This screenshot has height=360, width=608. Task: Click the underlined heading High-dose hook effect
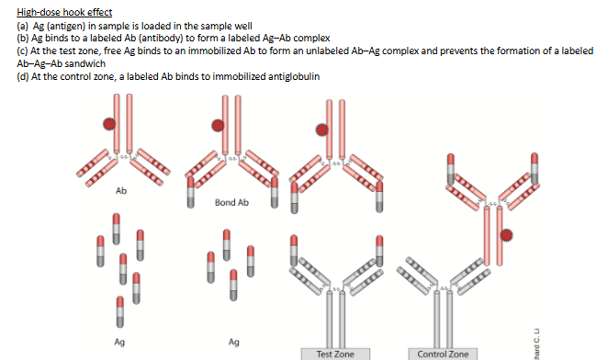click(x=64, y=13)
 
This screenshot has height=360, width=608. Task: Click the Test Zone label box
click(x=335, y=354)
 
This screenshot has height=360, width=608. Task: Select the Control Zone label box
click(x=443, y=354)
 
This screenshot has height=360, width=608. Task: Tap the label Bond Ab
click(x=231, y=202)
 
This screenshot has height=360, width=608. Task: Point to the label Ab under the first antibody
click(x=121, y=191)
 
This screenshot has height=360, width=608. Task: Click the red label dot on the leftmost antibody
click(x=109, y=124)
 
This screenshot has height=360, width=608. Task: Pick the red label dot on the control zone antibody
click(x=506, y=235)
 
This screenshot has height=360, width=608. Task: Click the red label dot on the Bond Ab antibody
click(x=218, y=126)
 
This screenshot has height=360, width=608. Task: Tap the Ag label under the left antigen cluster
click(x=119, y=342)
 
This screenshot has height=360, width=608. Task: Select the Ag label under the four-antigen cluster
click(x=233, y=342)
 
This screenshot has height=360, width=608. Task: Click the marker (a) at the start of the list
click(x=23, y=26)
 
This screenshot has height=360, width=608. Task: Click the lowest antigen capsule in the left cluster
click(x=120, y=312)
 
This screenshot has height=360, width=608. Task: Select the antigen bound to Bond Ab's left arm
click(x=191, y=193)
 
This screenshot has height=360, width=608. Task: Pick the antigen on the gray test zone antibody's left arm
click(x=294, y=251)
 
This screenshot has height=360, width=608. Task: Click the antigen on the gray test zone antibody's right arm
click(x=379, y=251)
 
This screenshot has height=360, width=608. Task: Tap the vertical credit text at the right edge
click(x=536, y=344)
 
